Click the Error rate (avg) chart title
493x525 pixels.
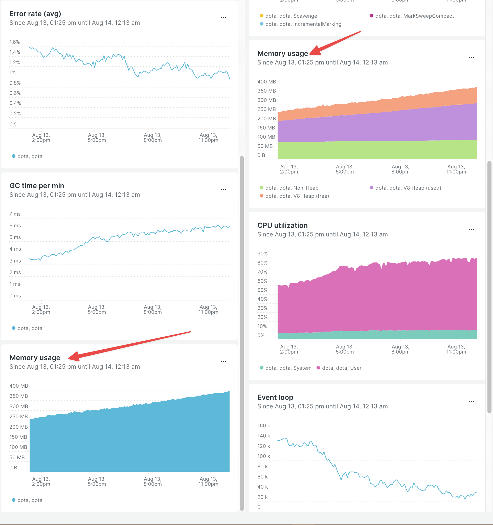pyautogui.click(x=35, y=14)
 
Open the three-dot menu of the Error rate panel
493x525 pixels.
pyautogui.click(x=223, y=18)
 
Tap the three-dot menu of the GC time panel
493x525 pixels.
pyautogui.click(x=223, y=190)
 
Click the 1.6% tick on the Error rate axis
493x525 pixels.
pyautogui.click(x=14, y=42)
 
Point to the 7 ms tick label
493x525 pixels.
pyautogui.click(x=15, y=214)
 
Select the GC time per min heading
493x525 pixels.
pyautogui.click(x=37, y=186)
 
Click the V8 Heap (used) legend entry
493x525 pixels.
pyautogui.click(x=408, y=188)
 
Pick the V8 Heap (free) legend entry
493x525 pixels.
pyautogui.click(x=297, y=196)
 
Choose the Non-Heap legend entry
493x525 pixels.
pyautogui.click(x=292, y=188)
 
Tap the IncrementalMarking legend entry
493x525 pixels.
pyautogui.click(x=303, y=24)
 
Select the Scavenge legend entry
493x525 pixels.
pyautogui.click(x=291, y=16)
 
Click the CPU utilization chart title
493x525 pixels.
pyautogui.click(x=282, y=225)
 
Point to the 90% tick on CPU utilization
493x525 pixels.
pyautogui.click(x=262, y=253)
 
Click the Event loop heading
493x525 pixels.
pyautogui.click(x=275, y=397)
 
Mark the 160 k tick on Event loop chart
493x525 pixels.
pyautogui.click(x=263, y=425)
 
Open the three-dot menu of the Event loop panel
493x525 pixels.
pyautogui.click(x=471, y=401)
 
